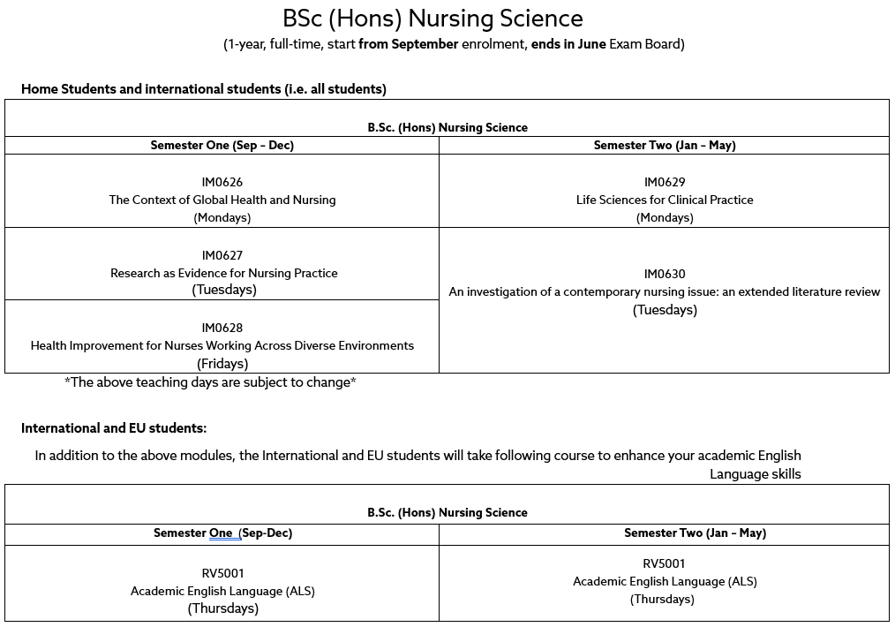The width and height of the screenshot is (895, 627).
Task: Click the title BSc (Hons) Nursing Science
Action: click(432, 19)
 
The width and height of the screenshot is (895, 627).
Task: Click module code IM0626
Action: click(222, 182)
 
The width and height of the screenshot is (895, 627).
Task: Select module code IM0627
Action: click(222, 255)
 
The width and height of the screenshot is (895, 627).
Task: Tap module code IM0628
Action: click(222, 328)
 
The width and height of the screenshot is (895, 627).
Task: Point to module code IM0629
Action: click(665, 182)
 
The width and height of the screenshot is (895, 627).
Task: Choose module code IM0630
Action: click(665, 274)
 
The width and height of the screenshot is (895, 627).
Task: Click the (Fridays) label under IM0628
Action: click(222, 363)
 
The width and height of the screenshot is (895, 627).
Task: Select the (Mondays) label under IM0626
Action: click(222, 217)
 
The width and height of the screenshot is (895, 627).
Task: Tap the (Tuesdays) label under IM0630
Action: click(665, 310)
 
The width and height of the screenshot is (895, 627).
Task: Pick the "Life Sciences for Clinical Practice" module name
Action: click(665, 200)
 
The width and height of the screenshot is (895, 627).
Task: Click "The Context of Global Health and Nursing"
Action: click(222, 200)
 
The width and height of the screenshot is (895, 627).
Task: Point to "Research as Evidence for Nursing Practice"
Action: click(223, 273)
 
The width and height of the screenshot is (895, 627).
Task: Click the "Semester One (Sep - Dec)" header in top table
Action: click(222, 145)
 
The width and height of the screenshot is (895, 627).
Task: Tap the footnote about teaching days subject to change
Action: click(210, 382)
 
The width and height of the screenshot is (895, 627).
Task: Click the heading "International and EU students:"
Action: click(114, 428)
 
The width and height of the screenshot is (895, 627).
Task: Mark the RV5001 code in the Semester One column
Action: click(222, 573)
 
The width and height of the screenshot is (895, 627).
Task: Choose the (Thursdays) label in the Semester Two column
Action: click(662, 599)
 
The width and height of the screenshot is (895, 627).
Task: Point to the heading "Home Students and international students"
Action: click(204, 89)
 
